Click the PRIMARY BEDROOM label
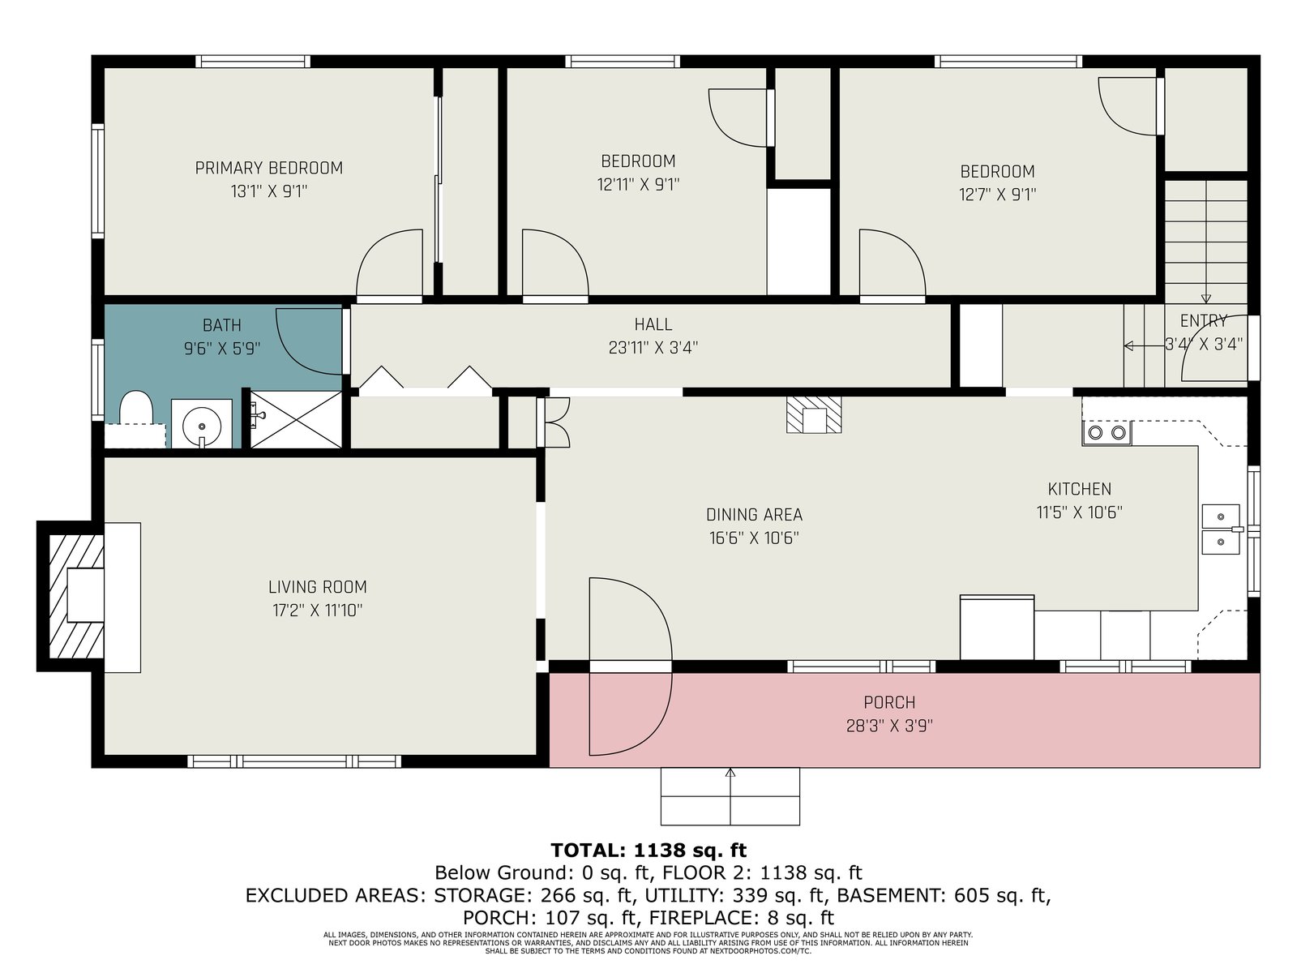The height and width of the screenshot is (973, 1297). [x=269, y=169]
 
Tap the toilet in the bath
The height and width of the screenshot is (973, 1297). [x=136, y=408]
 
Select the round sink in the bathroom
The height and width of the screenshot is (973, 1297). [x=202, y=424]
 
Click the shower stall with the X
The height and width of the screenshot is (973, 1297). [x=296, y=419]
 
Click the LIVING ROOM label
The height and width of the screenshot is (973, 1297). [x=317, y=587]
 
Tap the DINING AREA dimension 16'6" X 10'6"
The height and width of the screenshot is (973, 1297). [x=754, y=538]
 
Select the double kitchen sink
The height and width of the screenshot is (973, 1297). [x=1222, y=529]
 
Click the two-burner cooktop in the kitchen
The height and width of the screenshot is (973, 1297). [x=1107, y=433]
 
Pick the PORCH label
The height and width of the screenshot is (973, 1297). [x=889, y=702]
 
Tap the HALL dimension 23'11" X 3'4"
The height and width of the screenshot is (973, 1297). [x=653, y=347]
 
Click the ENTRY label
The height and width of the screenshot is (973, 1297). [x=1204, y=321]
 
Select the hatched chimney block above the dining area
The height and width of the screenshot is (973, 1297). [x=814, y=414]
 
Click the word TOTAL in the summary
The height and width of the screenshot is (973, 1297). [x=588, y=850]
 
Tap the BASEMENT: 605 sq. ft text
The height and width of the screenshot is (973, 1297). [x=944, y=896]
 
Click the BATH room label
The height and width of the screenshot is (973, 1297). [x=221, y=325]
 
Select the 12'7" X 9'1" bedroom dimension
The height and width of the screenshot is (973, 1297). [x=997, y=195]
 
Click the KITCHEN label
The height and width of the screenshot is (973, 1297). [x=1080, y=489]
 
